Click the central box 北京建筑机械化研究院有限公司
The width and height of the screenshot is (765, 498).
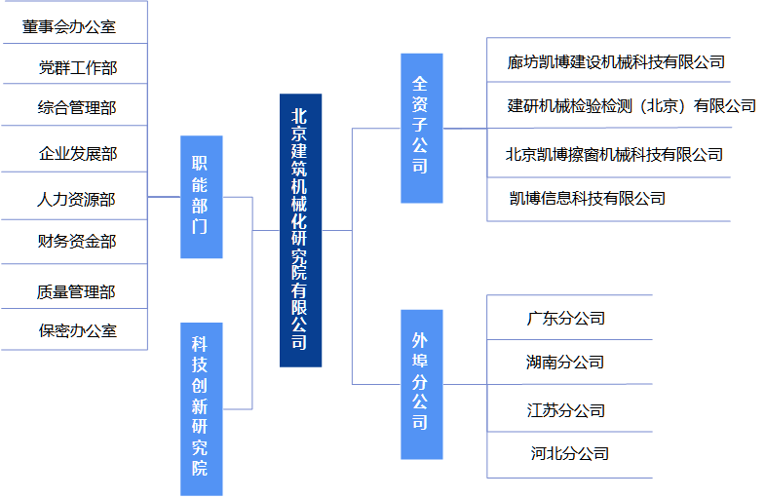click(x=300, y=230)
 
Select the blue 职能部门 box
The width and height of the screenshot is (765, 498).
click(x=201, y=197)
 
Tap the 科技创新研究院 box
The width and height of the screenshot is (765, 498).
click(x=201, y=408)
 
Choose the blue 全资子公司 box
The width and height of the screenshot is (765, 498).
click(x=421, y=128)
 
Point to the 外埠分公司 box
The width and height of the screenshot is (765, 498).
click(x=421, y=384)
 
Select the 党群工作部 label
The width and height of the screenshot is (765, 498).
click(x=77, y=67)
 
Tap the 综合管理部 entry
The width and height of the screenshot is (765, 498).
click(x=77, y=107)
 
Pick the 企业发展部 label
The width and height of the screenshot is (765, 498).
click(x=77, y=154)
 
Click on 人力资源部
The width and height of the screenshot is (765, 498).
click(x=77, y=199)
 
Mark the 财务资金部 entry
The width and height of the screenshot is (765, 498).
click(x=77, y=241)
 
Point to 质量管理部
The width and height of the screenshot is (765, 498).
click(x=77, y=291)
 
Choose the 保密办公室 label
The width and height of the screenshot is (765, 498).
click(x=77, y=330)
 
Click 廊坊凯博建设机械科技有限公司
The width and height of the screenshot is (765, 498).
click(x=615, y=62)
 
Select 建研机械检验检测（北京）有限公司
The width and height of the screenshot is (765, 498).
click(x=631, y=106)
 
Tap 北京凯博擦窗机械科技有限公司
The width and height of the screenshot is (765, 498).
click(x=614, y=154)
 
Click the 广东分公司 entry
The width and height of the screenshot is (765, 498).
click(x=565, y=318)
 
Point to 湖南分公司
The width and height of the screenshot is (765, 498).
click(x=565, y=363)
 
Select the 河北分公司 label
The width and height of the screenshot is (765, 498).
click(x=569, y=453)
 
